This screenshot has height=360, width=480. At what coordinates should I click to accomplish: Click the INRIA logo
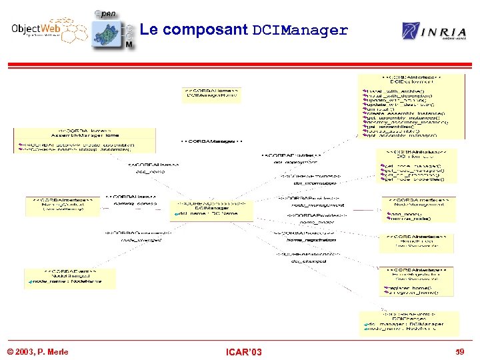(429, 31)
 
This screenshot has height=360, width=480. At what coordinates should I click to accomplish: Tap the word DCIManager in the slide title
(300, 30)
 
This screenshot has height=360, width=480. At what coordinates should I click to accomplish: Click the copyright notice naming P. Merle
(37, 351)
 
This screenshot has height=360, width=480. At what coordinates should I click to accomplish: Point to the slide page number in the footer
(458, 351)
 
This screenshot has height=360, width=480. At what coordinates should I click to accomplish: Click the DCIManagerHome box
(212, 94)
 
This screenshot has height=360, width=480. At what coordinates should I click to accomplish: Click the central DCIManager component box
(212, 209)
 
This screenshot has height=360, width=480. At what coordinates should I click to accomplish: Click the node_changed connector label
(141, 239)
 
